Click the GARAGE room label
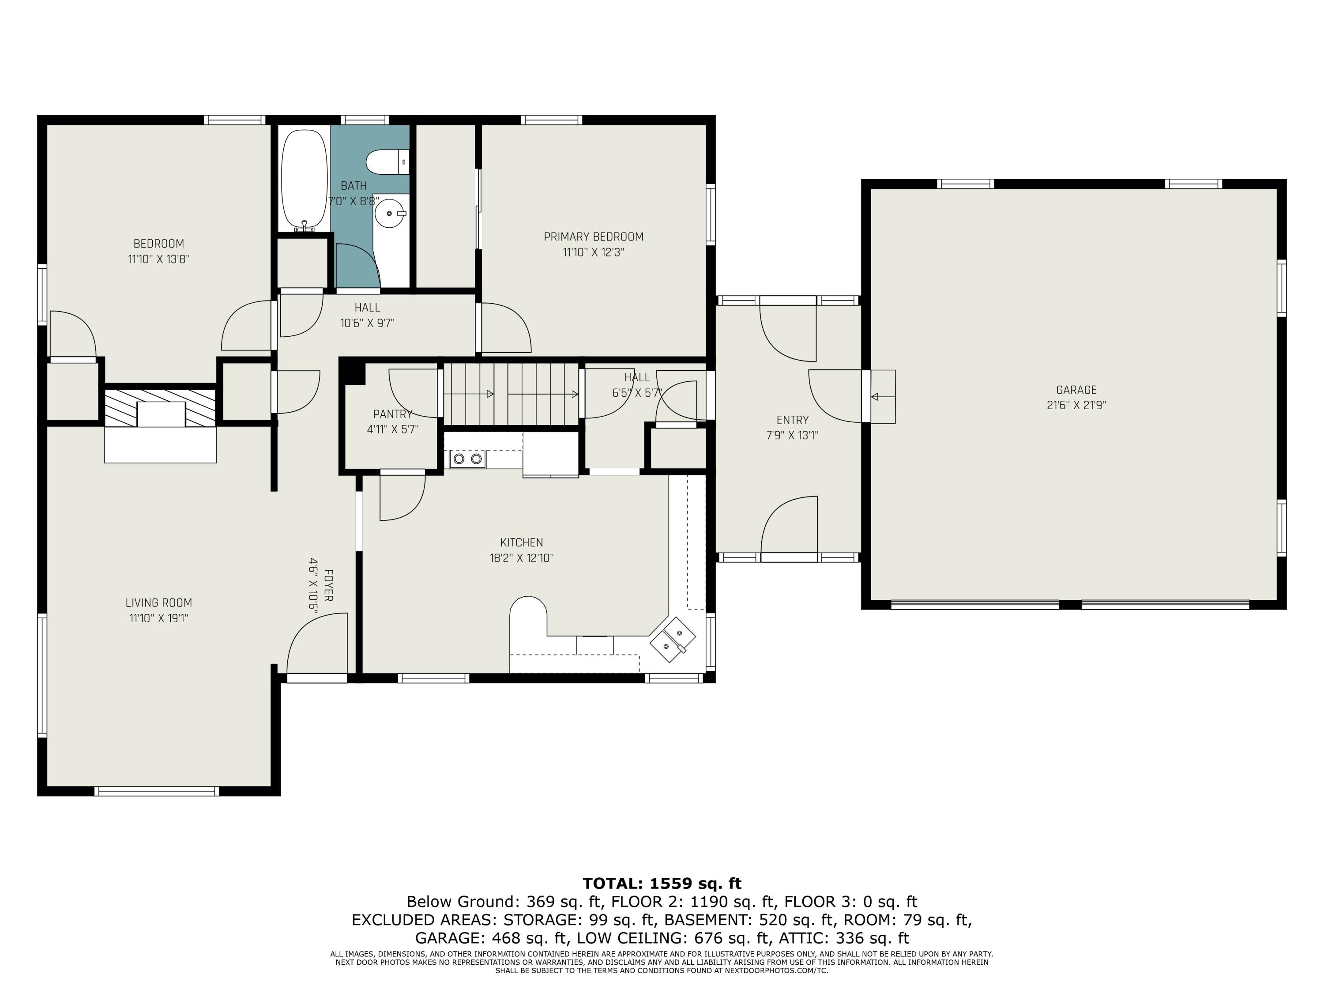coord(1076,390)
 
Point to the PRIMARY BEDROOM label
coord(593,237)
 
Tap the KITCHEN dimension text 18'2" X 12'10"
coord(521,558)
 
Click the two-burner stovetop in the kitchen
coord(467,459)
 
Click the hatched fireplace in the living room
coord(160,408)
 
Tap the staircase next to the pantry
coord(511,394)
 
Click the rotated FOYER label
coord(328,585)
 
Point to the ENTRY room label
coord(793,420)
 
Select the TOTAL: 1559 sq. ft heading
coord(662,884)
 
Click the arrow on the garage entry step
coord(883,396)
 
